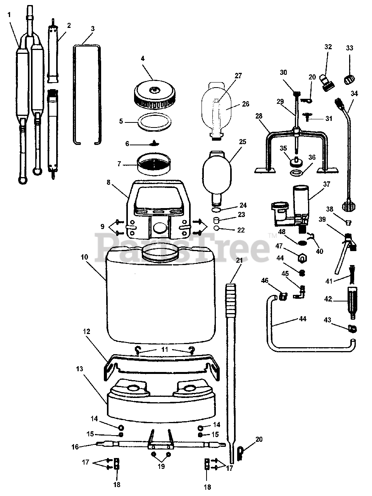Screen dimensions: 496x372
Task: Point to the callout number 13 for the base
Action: point(79,369)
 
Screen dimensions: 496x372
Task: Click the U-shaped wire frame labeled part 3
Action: point(87,93)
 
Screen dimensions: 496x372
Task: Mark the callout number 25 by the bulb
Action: point(243,142)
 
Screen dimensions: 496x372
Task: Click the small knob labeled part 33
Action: point(350,79)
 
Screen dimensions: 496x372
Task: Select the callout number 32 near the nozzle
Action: point(328,47)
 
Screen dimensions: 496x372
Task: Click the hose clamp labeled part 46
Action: point(282,296)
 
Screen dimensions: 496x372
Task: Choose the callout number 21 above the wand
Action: point(239,260)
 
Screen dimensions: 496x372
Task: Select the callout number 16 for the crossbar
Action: point(75,446)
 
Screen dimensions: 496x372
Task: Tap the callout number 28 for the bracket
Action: point(259,116)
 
